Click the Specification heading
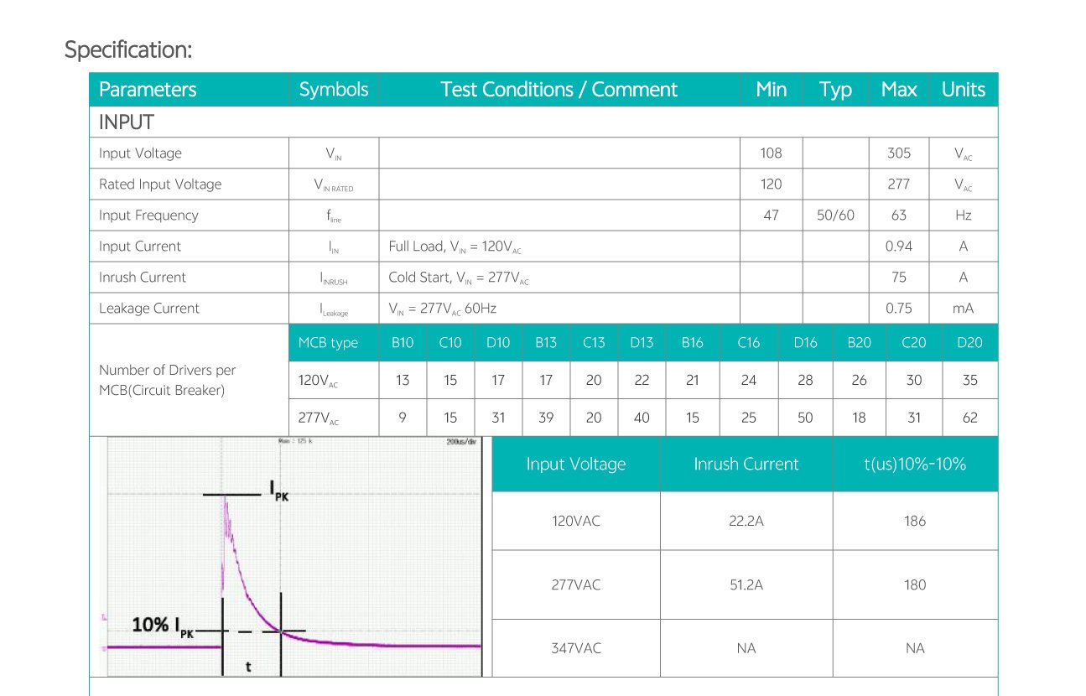tap(128, 49)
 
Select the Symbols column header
tap(334, 90)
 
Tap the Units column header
tap(963, 90)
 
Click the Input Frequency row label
tap(148, 216)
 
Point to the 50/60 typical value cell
tap(835, 216)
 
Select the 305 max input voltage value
tap(898, 153)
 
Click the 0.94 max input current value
tap(898, 247)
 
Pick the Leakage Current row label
tap(149, 309)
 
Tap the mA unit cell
tap(963, 309)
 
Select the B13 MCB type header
tap(546, 342)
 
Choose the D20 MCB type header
tap(969, 342)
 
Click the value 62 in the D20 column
tap(969, 418)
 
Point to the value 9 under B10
tap(403, 418)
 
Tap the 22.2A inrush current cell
tap(746, 521)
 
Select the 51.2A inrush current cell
tap(746, 585)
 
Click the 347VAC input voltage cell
tap(575, 648)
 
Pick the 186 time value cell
tap(915, 521)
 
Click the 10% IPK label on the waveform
tap(163, 626)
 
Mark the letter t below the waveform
tap(248, 667)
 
